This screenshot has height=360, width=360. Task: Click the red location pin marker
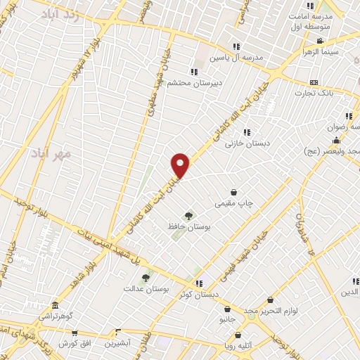(x=181, y=165)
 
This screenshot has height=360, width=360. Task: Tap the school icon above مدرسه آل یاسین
(x=236, y=46)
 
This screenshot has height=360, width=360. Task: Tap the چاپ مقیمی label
(x=233, y=203)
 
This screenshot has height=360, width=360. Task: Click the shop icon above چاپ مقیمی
(x=233, y=193)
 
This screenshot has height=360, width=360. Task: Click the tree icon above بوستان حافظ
(x=188, y=216)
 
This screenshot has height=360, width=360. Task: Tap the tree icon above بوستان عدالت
(x=146, y=278)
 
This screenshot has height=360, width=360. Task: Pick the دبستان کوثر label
(x=199, y=295)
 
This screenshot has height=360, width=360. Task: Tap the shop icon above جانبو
(x=227, y=309)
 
